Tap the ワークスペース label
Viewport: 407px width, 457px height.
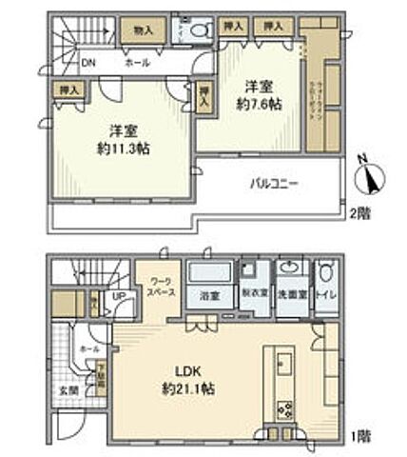[x=157, y=288]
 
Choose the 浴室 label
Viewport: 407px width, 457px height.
[x=208, y=294]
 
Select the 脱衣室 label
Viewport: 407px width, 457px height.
[x=253, y=294]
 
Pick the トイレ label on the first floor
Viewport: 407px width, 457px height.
[x=326, y=294]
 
